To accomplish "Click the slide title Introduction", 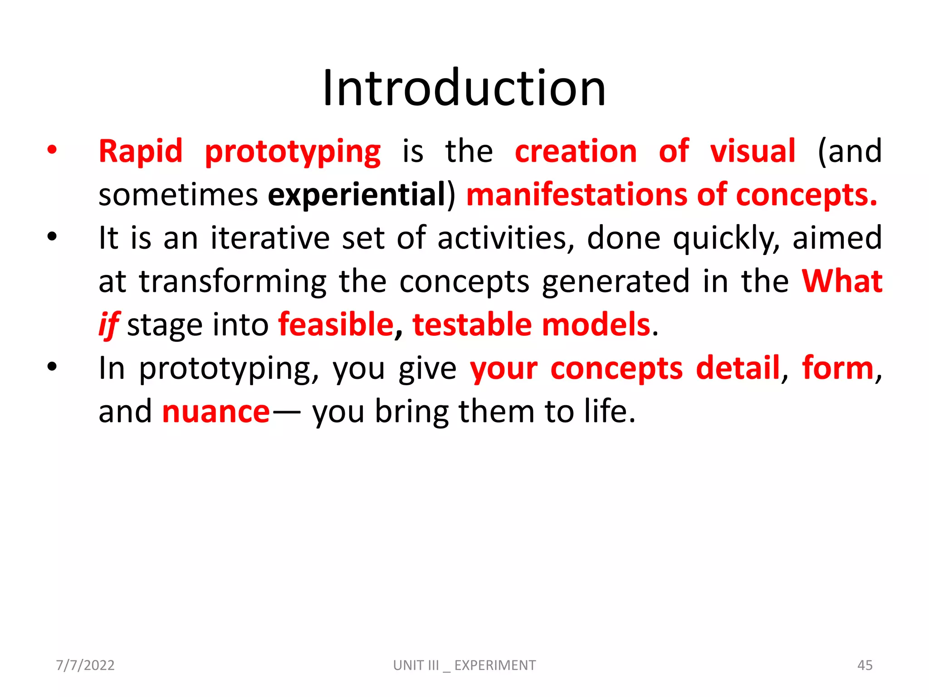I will tap(464, 88).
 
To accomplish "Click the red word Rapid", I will tap(141, 151).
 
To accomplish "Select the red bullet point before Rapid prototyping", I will tap(52, 150).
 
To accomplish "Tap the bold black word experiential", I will tap(357, 195).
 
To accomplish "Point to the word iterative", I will tap(270, 238).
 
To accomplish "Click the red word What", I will tap(842, 281).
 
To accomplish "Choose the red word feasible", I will tap(336, 325).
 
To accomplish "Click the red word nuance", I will tap(216, 412).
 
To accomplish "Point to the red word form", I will tap(837, 368).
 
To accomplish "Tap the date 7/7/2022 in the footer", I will tap(85, 665).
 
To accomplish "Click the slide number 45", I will tap(865, 665).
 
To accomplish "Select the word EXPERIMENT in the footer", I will tap(495, 665).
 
